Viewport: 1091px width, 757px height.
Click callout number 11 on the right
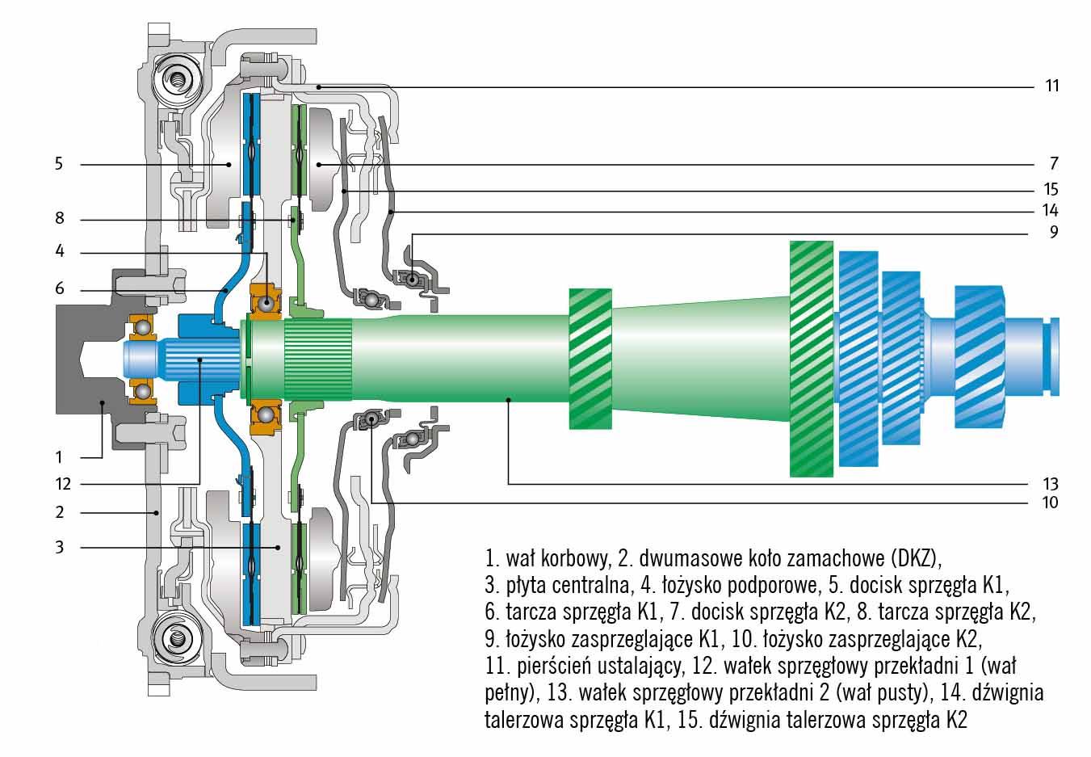pyautogui.click(x=1051, y=86)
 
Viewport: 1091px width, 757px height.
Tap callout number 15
pyautogui.click(x=1051, y=191)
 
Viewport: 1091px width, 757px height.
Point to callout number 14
pyautogui.click(x=1051, y=211)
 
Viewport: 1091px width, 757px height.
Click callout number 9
pyautogui.click(x=1054, y=233)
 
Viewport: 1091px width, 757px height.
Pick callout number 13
pyautogui.click(x=1051, y=485)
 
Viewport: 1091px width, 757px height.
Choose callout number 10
pyautogui.click(x=1051, y=503)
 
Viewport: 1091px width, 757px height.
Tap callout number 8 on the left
pyautogui.click(x=59, y=219)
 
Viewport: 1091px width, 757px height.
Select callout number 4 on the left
pyautogui.click(x=59, y=251)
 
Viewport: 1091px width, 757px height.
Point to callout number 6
pyautogui.click(x=59, y=289)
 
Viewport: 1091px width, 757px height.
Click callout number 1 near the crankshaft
pyautogui.click(x=59, y=457)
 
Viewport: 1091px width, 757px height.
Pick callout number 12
pyautogui.click(x=63, y=485)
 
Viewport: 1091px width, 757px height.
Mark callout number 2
pyautogui.click(x=59, y=512)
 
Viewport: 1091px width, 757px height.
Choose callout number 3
pyautogui.click(x=59, y=548)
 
